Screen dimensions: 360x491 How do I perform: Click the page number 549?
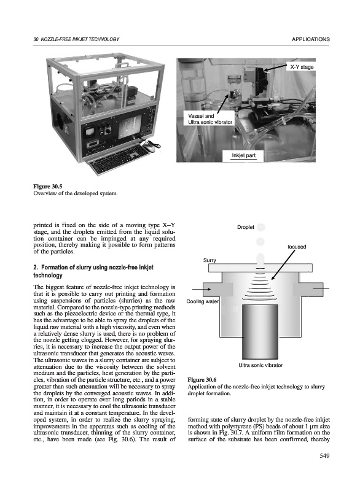tap(324, 456)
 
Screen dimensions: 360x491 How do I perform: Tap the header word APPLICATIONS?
tap(310, 39)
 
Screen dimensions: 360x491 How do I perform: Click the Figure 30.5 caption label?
tap(48, 187)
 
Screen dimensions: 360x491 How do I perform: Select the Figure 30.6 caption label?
tap(202, 380)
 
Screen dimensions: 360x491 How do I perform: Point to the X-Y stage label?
tap(302, 67)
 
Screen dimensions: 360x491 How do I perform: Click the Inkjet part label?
tap(243, 155)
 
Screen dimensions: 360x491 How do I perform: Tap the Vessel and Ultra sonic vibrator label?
tap(210, 119)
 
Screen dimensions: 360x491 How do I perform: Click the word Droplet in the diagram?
tap(246, 227)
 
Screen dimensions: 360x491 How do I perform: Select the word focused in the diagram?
tap(297, 247)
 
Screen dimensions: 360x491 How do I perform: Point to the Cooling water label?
tap(202, 301)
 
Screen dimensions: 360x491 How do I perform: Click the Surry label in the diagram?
tap(209, 260)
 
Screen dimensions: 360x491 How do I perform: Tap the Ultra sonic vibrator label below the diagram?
tap(260, 365)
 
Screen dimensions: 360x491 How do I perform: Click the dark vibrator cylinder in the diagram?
tap(260, 332)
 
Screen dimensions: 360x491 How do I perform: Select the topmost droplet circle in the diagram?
tap(260, 227)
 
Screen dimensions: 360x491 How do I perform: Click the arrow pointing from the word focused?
tap(283, 265)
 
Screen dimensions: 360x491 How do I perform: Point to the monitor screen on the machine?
tap(130, 126)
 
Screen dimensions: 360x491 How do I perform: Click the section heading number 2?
tap(36, 268)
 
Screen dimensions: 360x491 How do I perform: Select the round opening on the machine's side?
tap(60, 121)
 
